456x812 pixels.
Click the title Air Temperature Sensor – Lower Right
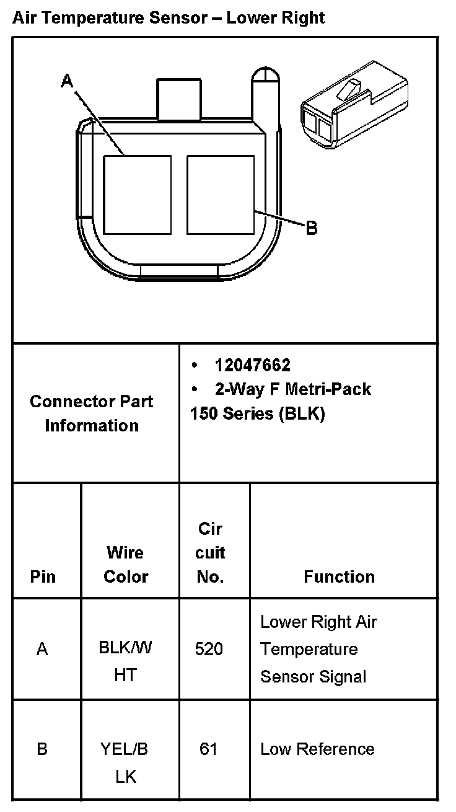point(168,17)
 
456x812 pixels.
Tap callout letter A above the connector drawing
point(67,81)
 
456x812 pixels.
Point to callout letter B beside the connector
point(312,227)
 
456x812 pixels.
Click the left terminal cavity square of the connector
point(137,195)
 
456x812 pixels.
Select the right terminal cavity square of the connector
point(221,195)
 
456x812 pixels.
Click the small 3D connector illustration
point(353,105)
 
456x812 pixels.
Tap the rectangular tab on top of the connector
point(180,99)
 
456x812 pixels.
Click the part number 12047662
point(252,365)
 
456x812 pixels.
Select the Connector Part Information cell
point(92,413)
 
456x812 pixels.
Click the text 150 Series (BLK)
point(257,413)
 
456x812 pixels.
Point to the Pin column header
point(43,576)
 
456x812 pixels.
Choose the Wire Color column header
point(126,564)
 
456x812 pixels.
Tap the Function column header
point(339,576)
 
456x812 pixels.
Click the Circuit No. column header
point(210,553)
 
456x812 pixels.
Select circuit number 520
point(209,649)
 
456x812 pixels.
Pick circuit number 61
point(209,749)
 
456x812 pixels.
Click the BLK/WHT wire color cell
point(126,661)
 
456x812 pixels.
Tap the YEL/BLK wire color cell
point(125,762)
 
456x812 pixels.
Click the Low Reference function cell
point(317,749)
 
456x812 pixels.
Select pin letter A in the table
point(42,649)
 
